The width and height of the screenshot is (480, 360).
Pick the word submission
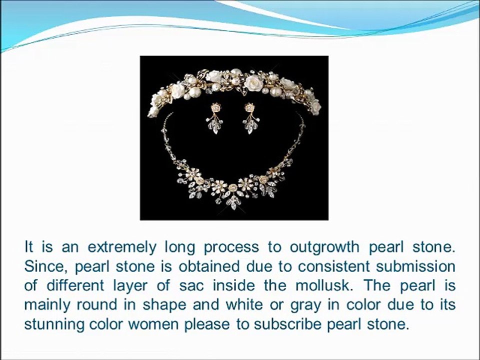(415, 266)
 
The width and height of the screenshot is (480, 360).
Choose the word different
(75, 285)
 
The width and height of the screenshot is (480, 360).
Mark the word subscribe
(287, 324)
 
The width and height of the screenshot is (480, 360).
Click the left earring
(214, 118)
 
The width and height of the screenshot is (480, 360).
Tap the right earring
(251, 118)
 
